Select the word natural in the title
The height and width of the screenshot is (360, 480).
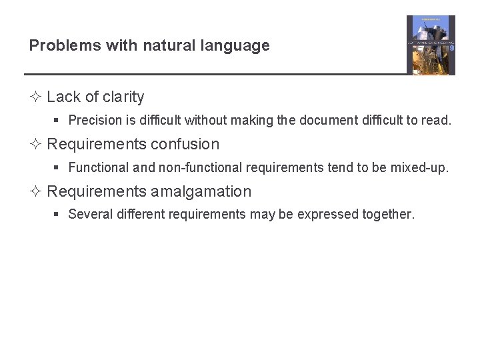coord(152,45)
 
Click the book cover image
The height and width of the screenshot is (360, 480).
coord(431,45)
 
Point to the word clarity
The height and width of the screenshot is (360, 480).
coord(123,97)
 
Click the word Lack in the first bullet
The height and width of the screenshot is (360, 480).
coord(63,97)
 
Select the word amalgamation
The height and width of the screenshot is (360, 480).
coord(201,192)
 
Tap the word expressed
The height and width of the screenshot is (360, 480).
coord(327,215)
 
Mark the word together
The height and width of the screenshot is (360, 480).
coord(389,215)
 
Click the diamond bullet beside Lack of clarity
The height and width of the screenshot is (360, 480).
coord(36,97)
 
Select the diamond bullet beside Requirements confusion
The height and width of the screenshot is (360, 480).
coord(36,145)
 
